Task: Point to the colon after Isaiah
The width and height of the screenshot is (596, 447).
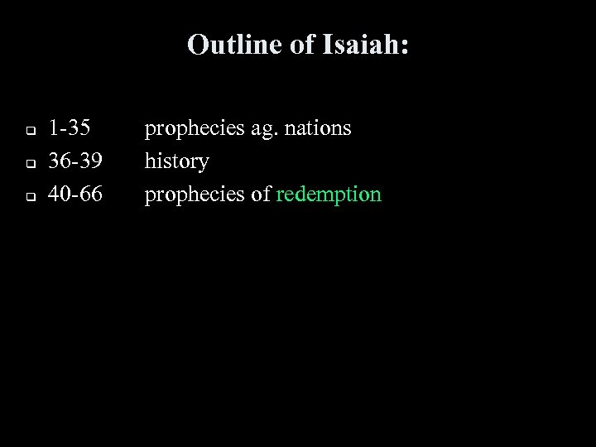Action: (404, 48)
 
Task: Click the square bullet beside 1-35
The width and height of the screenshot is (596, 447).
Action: (27, 131)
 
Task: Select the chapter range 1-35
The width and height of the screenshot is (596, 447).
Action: (70, 128)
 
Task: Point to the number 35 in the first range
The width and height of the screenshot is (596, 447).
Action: (80, 128)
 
